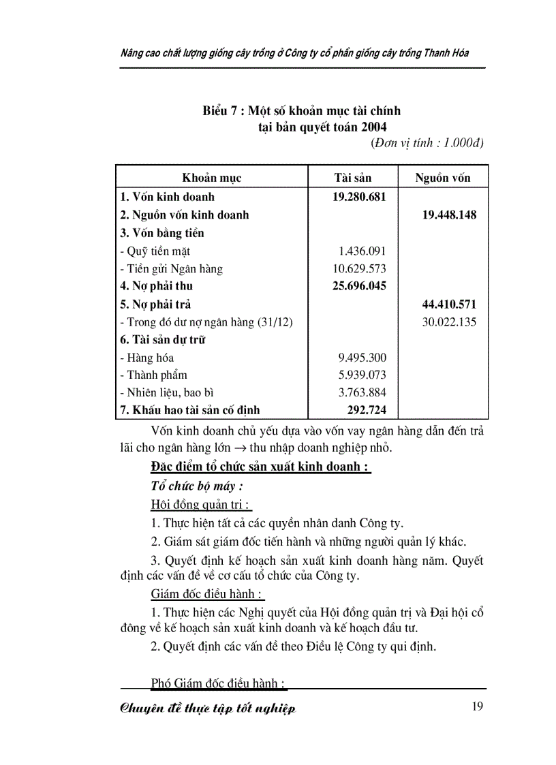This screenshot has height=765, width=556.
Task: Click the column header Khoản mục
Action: pos(211,178)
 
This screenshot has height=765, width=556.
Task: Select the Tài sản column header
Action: pos(352,178)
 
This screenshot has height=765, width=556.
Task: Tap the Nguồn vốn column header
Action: pos(443,178)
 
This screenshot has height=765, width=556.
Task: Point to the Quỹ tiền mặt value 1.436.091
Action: pos(362,251)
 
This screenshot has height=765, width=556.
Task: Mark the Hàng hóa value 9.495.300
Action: pos(362,357)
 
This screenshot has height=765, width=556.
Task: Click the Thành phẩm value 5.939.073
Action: pos(362,375)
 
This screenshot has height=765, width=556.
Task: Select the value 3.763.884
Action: pos(362,392)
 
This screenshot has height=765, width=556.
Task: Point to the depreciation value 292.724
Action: pos(366,410)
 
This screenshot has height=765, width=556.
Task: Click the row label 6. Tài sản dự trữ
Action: pos(163,339)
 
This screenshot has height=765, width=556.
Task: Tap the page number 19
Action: pos(477,706)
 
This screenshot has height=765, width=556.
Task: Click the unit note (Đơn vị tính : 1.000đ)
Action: pos(427,143)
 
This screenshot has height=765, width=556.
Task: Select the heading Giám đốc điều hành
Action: pos(198,593)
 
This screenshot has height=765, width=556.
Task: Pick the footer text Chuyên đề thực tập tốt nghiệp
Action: pos(208,708)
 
